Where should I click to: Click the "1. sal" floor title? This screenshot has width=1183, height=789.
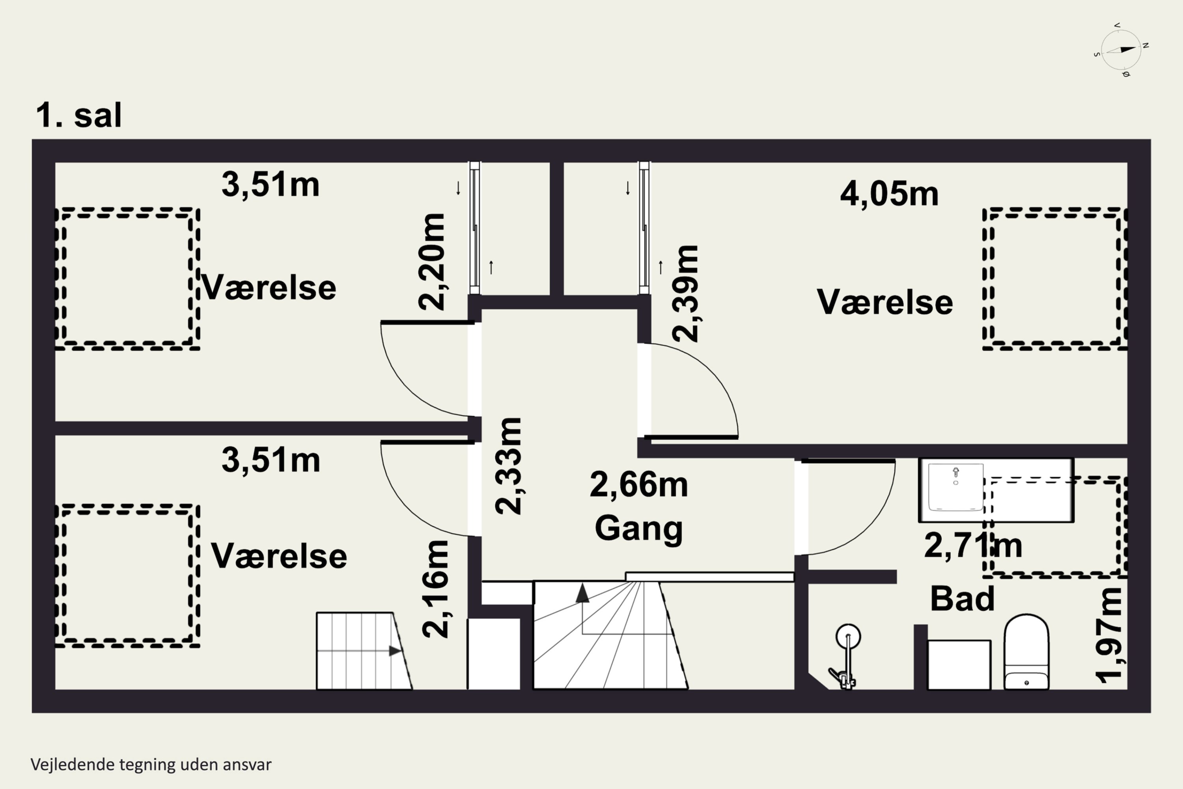click(x=79, y=115)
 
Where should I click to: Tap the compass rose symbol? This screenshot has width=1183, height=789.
click(x=1121, y=50)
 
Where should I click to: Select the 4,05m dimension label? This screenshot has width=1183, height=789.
click(x=889, y=194)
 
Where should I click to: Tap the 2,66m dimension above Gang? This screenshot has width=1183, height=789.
click(x=639, y=484)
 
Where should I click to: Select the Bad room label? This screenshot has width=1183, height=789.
click(x=962, y=599)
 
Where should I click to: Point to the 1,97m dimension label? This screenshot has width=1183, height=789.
click(x=1109, y=636)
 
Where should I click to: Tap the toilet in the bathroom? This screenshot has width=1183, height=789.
click(x=1026, y=652)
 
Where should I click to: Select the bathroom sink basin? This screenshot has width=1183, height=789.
click(x=955, y=488)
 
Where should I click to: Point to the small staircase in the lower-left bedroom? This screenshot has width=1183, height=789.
click(x=364, y=651)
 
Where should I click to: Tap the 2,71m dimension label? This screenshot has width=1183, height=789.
click(x=973, y=546)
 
